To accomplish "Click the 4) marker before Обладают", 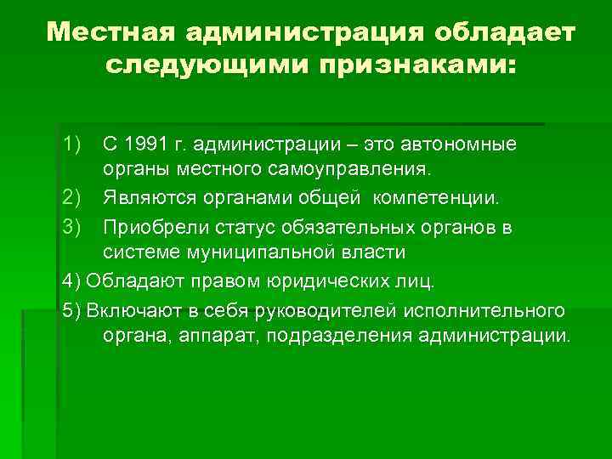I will tap(71, 280).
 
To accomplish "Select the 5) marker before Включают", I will tap(71, 308).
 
